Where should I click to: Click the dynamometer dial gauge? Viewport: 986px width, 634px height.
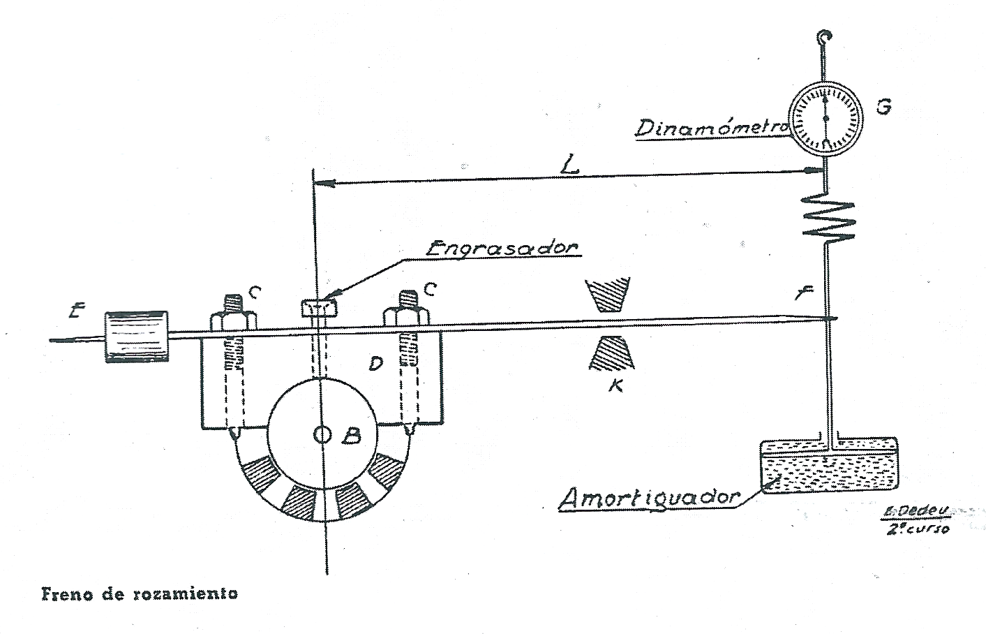pyautogui.click(x=826, y=118)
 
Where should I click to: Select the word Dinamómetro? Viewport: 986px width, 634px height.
pyautogui.click(x=711, y=128)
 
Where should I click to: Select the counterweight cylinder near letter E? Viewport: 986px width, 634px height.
pyautogui.click(x=136, y=336)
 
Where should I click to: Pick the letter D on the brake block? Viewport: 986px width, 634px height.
pyautogui.click(x=375, y=364)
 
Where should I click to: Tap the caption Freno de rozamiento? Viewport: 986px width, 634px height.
pyautogui.click(x=140, y=595)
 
